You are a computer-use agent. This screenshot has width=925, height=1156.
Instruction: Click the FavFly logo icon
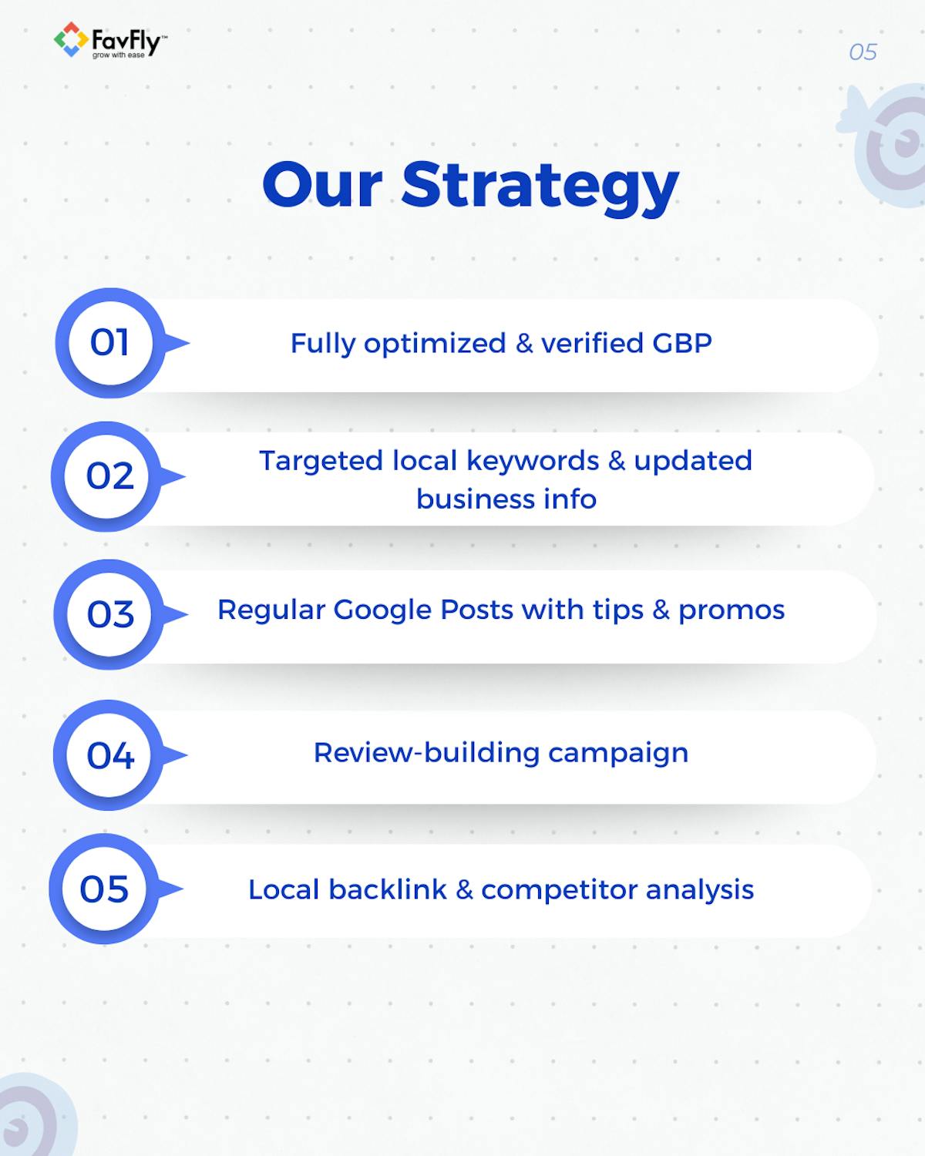point(69,39)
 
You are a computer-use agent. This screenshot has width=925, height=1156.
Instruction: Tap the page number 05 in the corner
point(863,52)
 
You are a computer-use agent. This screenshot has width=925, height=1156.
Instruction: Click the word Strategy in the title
point(540,186)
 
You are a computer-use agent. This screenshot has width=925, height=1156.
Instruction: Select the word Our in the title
point(322,186)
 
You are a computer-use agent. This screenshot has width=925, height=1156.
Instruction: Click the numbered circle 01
point(110,343)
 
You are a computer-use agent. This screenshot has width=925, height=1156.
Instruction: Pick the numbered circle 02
point(109,476)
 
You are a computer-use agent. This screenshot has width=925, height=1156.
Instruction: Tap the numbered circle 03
point(110,614)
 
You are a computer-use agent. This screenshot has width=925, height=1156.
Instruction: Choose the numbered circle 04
point(110,755)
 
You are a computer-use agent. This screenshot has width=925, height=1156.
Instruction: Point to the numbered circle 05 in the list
point(104,889)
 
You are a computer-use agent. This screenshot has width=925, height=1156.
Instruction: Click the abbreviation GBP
point(682,343)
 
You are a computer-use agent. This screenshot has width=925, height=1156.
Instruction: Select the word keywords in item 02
point(533,461)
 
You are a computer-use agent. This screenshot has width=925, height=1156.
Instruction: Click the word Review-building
point(426,752)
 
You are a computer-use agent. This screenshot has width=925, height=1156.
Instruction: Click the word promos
point(732,610)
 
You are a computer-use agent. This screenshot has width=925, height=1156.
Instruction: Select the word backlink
point(388,889)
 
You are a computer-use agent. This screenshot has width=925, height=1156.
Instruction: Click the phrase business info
point(506,499)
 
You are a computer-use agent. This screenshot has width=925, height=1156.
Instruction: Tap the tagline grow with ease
point(118,55)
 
